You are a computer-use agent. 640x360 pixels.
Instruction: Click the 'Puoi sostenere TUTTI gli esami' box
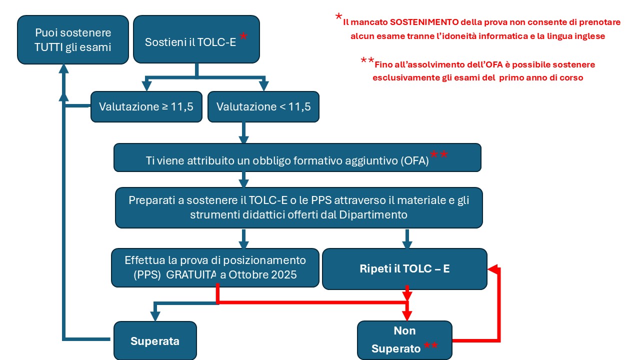[x=73, y=39]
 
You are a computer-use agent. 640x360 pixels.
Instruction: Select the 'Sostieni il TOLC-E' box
[x=196, y=39]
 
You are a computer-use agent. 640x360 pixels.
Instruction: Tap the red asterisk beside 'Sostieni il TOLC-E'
[x=243, y=36]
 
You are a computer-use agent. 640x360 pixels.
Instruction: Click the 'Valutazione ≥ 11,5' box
[x=146, y=107]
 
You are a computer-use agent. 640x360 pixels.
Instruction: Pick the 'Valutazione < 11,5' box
[x=263, y=107]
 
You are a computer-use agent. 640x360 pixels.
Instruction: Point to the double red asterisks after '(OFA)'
[x=439, y=154]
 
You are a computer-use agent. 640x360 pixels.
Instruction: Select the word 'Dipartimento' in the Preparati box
[x=373, y=214]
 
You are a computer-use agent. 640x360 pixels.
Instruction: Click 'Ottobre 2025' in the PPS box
[x=262, y=275]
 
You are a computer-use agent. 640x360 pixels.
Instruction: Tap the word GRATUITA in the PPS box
[x=191, y=275]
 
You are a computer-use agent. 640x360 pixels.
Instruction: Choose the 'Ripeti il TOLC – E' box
[x=404, y=269]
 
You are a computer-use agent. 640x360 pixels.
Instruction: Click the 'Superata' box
[x=155, y=340]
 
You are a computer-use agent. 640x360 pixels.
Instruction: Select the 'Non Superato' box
[x=404, y=340]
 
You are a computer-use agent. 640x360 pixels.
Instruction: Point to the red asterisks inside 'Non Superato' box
[x=430, y=345]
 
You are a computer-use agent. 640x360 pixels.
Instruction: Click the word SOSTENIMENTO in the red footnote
[x=424, y=22]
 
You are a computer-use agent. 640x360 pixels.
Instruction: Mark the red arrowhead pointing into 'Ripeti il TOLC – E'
[x=492, y=269]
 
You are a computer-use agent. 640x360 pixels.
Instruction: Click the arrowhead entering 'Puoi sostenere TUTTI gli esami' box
[x=63, y=69]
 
